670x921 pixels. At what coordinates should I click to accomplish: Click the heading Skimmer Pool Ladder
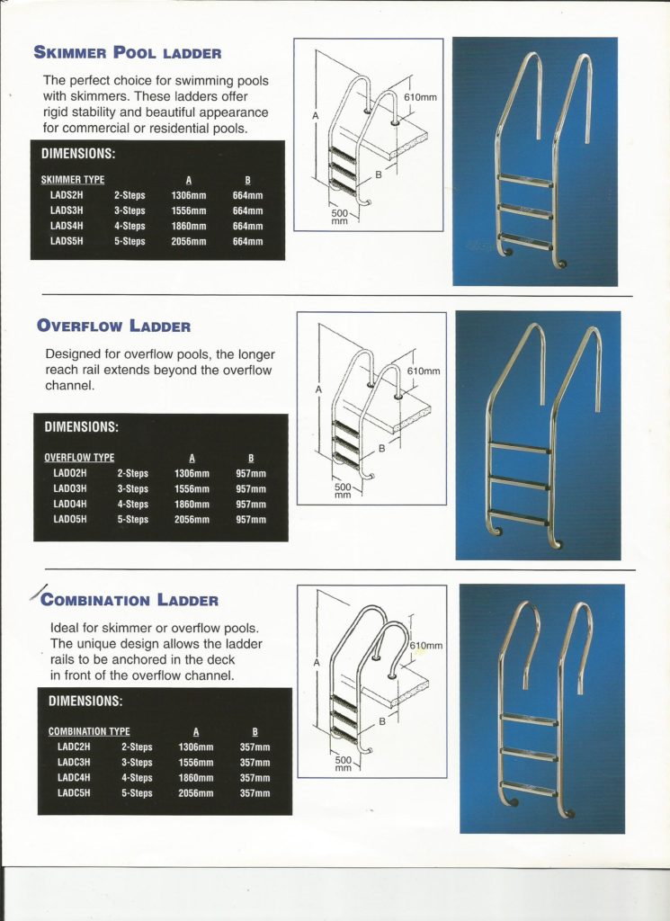coord(127,53)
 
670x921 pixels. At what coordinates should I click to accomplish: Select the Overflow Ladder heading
coord(113,326)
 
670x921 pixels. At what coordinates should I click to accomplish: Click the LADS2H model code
coord(67,194)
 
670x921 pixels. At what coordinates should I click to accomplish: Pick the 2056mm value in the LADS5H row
coord(189,241)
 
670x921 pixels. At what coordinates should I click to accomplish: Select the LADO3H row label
coord(70,488)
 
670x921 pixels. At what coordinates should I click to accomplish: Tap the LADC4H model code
coord(74,778)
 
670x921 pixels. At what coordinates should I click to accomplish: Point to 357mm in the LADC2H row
coord(255,747)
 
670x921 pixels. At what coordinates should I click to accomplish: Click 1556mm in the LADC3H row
coord(195,763)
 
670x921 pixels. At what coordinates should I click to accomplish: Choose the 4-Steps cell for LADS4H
coord(130,226)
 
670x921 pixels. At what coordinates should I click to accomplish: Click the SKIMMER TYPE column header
coord(73,180)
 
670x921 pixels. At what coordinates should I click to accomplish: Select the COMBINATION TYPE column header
coord(89,732)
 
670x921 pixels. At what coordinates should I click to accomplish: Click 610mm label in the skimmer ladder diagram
coord(420,97)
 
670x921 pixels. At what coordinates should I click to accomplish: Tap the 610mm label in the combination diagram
coord(426,647)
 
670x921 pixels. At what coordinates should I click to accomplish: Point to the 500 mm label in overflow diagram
coord(342,491)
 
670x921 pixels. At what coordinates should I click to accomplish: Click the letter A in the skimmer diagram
coord(316,116)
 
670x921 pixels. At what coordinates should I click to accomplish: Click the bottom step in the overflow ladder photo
coord(520,518)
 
